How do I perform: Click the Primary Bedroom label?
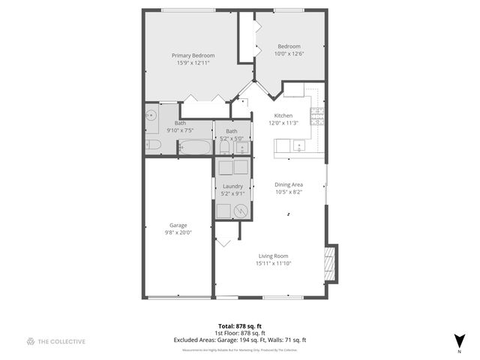[193, 55]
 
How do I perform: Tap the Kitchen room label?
[283, 115]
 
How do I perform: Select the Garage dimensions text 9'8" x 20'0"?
[178, 232]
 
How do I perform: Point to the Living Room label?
[274, 256]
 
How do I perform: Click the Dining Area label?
[289, 184]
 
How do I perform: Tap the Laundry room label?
[232, 186]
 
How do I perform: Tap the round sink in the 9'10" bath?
[151, 115]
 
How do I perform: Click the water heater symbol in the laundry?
[241, 211]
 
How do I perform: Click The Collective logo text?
[62, 341]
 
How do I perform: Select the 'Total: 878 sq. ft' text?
[240, 327]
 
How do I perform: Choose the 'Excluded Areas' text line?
[240, 340]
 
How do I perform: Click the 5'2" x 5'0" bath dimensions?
[231, 138]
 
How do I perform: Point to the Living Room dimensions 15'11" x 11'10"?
[274, 263]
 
